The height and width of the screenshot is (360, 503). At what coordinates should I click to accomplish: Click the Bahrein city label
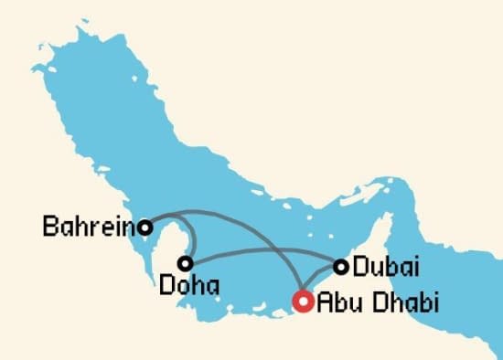click(x=89, y=225)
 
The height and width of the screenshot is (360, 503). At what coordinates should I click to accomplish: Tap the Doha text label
click(x=188, y=285)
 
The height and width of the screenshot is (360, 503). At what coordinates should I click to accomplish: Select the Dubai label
click(x=385, y=268)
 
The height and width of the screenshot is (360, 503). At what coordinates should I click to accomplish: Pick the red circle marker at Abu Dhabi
click(x=302, y=300)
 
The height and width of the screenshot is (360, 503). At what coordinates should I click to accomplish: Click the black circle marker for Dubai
click(x=341, y=267)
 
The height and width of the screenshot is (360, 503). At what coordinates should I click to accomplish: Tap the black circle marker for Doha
click(x=186, y=263)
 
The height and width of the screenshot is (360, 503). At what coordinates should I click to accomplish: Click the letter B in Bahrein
click(x=50, y=225)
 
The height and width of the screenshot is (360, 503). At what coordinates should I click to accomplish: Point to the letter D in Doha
click(x=166, y=285)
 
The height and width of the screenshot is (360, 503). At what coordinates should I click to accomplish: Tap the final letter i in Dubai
click(x=415, y=268)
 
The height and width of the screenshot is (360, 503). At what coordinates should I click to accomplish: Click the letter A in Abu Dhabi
click(x=323, y=301)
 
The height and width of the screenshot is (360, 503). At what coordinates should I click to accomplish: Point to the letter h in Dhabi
click(x=389, y=301)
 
